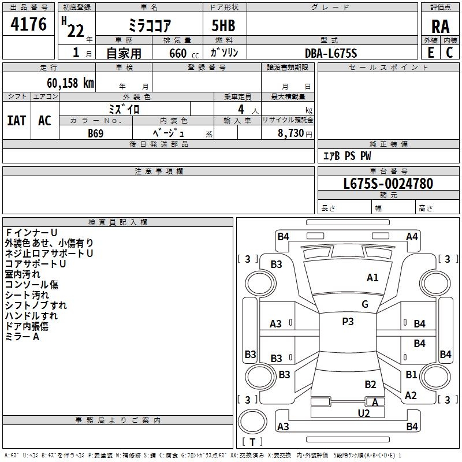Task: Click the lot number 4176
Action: point(29,25)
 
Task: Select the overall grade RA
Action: point(440,27)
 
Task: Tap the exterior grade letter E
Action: point(431,53)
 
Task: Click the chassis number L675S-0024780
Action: point(388,184)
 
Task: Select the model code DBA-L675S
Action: point(331,53)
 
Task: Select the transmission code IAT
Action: point(16,121)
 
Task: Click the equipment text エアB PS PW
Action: point(346,156)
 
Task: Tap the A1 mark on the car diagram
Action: point(373,278)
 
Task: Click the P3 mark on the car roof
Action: point(348,322)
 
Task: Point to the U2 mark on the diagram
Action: point(364,412)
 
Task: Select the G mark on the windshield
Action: point(365,304)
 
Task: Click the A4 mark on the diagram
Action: point(412,236)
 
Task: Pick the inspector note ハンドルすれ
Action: point(31,316)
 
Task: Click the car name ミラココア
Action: point(149,27)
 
